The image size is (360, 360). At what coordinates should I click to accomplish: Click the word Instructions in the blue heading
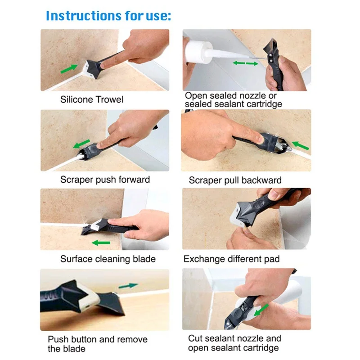pos(84,16)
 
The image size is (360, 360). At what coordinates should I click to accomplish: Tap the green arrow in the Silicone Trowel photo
pos(69,69)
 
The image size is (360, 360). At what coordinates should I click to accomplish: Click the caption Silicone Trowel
pos(92,99)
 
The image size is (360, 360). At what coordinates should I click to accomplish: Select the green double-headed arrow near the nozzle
pos(245,63)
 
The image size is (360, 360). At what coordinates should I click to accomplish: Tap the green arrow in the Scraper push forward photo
pos(81,144)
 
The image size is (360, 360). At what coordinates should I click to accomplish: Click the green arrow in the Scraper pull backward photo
pos(300,145)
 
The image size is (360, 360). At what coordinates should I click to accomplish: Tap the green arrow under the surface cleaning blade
pos(101,243)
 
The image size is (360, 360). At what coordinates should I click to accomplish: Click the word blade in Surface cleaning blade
pos(144,259)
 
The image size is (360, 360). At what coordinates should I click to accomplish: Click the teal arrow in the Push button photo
pos(128,286)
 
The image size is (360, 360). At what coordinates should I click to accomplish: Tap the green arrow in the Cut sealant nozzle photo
pos(261,310)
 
